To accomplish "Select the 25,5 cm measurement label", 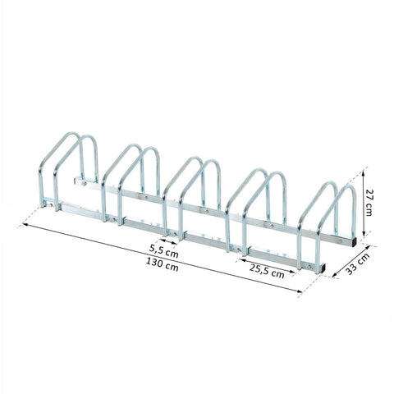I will coord(266,273).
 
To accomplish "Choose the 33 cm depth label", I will coord(364,265).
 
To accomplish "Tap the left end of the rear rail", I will coord(76,177).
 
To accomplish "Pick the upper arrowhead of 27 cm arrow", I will coord(360,172).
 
